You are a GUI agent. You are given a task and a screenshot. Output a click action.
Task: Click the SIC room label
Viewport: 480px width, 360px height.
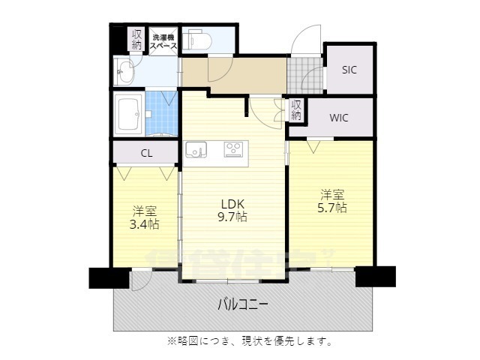(349, 70)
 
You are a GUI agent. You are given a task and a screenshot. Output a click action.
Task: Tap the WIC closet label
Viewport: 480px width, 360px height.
(339, 118)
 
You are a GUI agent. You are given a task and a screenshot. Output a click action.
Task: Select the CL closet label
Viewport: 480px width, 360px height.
(146, 153)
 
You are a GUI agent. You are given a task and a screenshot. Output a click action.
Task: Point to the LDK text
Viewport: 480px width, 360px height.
(232, 203)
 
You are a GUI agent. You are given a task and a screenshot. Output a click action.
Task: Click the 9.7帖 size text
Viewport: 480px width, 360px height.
(232, 217)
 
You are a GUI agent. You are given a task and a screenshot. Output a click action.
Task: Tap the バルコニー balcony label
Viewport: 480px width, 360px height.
(243, 304)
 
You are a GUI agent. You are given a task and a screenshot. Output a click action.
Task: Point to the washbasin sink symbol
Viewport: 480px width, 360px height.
(124, 73)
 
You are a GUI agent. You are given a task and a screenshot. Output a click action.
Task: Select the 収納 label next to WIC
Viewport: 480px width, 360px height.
(295, 110)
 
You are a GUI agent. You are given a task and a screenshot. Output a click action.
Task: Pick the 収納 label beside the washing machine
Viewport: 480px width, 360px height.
(136, 40)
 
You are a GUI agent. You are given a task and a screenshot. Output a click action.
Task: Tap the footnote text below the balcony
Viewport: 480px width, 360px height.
(250, 341)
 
